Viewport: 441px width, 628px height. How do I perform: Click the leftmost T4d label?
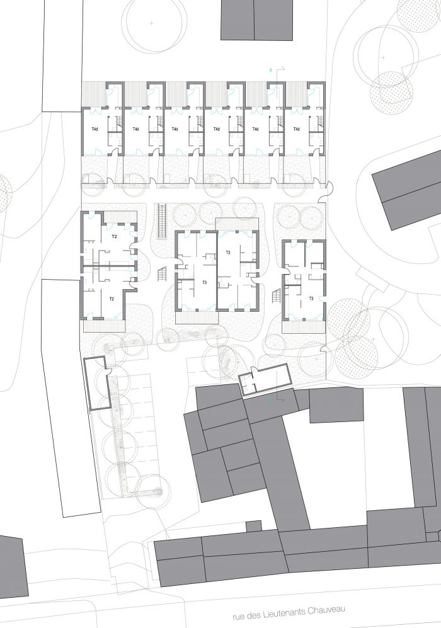tap(94, 129)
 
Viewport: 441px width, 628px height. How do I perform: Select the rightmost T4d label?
tap(296, 129)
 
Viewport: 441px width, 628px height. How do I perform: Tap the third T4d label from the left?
tap(175, 129)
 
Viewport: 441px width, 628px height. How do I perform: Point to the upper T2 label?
tap(114, 237)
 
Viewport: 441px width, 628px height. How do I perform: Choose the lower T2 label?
tap(112, 299)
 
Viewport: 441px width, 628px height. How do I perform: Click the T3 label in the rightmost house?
tap(311, 299)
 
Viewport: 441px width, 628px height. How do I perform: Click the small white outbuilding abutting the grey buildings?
tap(265, 379)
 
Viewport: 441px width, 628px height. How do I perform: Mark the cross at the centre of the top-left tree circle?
tap(151, 23)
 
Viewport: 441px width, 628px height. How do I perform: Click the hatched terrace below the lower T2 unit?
tap(105, 325)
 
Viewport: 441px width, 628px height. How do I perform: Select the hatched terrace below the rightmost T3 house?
tap(303, 327)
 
